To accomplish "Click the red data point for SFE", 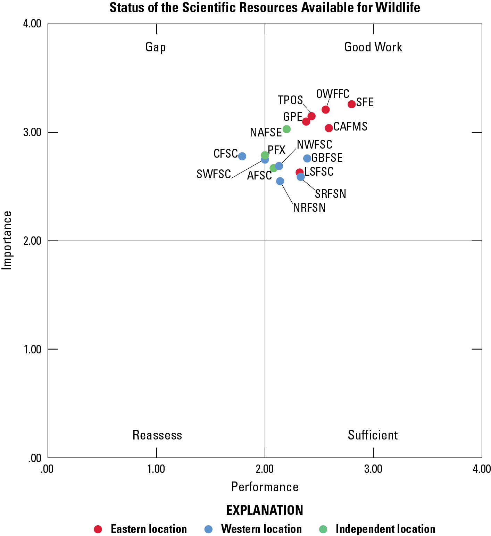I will pos(351,104).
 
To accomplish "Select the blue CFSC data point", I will pos(242,156).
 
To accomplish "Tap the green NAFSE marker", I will pos(286,129).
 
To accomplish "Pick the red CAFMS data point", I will pos(328,128).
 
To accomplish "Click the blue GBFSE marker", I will pos(307,158).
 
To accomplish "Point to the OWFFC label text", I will pos(332,94).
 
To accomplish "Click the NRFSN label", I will pos(309,208).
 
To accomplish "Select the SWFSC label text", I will pos(214,174).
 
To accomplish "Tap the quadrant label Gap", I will pos(156,47).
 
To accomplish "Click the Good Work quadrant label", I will pos(373,47).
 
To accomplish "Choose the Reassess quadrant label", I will pos(157,435).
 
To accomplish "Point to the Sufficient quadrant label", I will pos(373,435).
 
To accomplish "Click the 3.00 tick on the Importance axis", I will pos(32,132).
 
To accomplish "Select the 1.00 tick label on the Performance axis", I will pos(156,469).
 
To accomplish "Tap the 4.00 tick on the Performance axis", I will pos(481,469).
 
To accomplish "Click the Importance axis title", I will pos(7,240).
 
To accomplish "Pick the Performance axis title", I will pos(265,487).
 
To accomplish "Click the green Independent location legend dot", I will pos(323,529).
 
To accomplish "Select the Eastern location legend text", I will pos(149,529).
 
